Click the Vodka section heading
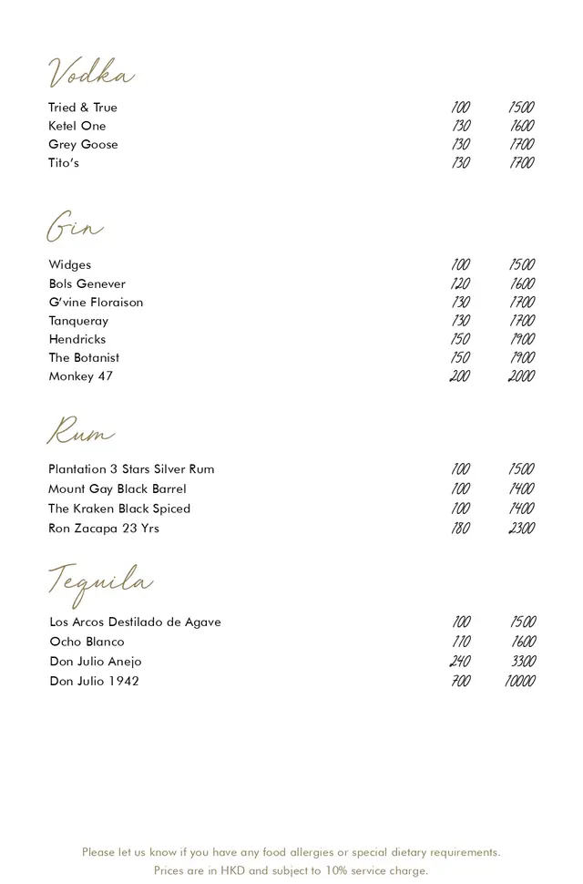point(91,73)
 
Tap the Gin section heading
point(75,228)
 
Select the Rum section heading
point(81,432)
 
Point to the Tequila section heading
point(100,581)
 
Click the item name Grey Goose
point(83,144)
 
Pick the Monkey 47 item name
point(80,376)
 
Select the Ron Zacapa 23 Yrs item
point(103,529)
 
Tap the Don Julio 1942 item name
point(94,681)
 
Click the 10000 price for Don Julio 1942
point(520,681)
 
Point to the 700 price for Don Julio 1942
point(461,681)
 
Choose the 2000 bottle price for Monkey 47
point(521,376)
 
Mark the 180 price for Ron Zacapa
point(461,529)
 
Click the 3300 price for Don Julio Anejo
point(523,662)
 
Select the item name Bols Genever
point(87,283)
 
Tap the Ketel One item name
point(77,126)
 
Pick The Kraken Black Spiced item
point(118,509)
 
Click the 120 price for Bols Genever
point(461,283)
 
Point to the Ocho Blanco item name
point(87,642)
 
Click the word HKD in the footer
point(233,871)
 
